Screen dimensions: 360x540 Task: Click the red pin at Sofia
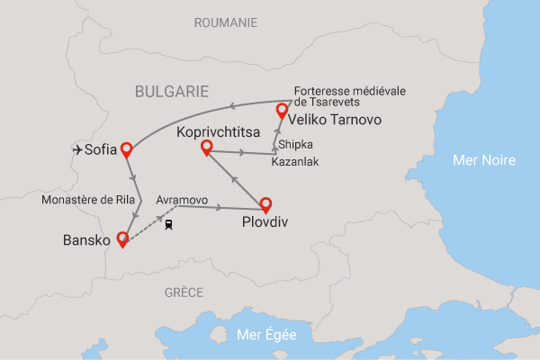(127, 149)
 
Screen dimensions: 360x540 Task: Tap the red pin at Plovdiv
(265, 204)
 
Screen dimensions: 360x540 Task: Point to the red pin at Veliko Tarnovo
(282, 111)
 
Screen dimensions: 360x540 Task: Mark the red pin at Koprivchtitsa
(206, 147)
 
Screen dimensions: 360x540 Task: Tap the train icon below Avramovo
(169, 225)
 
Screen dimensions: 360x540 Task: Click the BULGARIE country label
(171, 91)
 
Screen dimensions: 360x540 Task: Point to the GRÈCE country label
(184, 292)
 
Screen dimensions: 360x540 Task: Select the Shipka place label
(295, 144)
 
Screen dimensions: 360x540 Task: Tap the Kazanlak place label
(293, 162)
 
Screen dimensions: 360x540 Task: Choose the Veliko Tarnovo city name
(336, 119)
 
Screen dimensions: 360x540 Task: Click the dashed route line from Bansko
(144, 229)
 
